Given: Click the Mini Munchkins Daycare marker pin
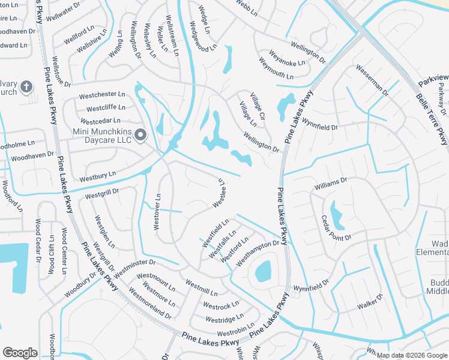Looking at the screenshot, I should [141, 136].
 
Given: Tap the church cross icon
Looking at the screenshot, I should [26, 88].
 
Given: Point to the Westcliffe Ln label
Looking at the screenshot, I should [106, 108].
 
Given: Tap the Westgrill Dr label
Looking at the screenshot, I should [102, 193].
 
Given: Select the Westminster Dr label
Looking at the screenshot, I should [134, 266].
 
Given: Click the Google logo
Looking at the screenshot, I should [20, 353].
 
